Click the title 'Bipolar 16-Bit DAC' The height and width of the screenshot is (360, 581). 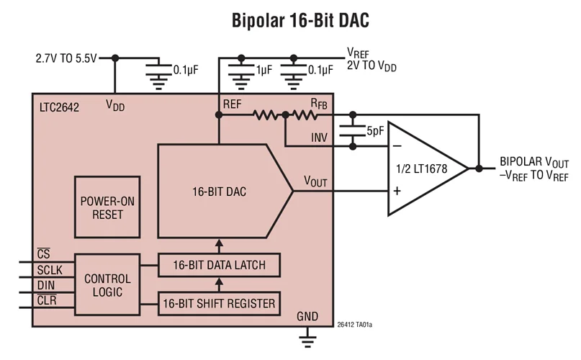(x=301, y=20)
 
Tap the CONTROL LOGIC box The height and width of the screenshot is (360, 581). (x=107, y=285)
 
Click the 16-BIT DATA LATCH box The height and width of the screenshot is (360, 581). (x=219, y=265)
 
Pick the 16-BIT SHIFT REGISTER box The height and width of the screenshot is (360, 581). (x=219, y=304)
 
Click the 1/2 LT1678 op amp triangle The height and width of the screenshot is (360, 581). (x=425, y=168)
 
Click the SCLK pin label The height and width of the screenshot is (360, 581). (x=51, y=271)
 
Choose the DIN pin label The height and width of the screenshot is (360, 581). (x=48, y=286)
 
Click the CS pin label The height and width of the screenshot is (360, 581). (x=43, y=256)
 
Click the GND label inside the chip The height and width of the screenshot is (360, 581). (x=307, y=317)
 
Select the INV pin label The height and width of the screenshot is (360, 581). (x=320, y=137)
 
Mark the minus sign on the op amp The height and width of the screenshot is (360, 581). (x=396, y=146)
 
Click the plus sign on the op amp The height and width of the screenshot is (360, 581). (x=396, y=192)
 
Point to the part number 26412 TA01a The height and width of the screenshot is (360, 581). (x=359, y=325)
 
